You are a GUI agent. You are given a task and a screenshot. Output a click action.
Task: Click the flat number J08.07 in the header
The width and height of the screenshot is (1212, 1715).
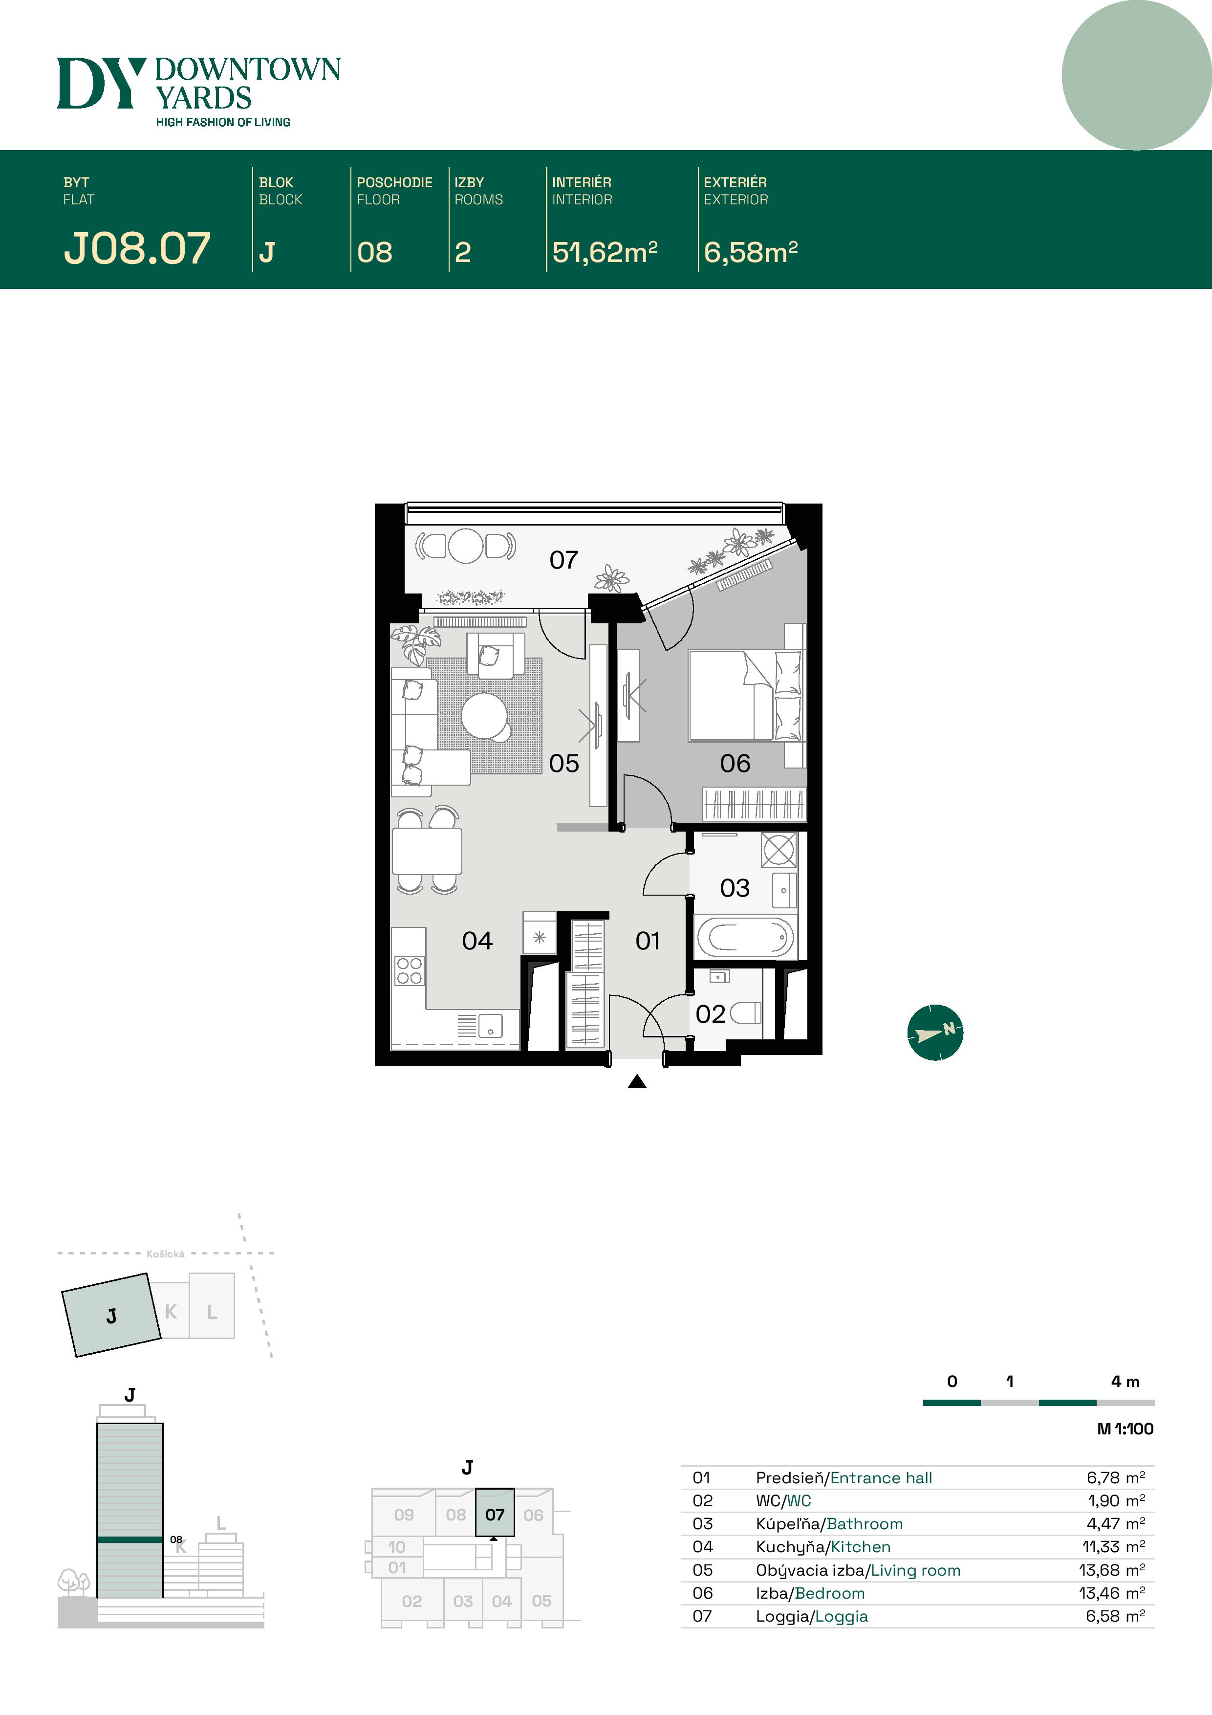click(137, 249)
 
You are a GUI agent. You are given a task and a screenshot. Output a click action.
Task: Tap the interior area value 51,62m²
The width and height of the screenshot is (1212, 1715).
click(604, 252)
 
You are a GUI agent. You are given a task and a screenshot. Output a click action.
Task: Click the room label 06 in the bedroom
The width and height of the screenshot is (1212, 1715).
click(735, 763)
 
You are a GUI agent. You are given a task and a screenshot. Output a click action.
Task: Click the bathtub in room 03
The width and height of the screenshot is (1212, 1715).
click(744, 937)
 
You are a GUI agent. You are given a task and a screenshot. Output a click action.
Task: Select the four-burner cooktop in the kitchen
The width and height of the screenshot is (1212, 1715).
click(409, 970)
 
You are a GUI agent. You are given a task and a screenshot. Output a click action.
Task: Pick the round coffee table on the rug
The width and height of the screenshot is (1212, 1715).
click(484, 715)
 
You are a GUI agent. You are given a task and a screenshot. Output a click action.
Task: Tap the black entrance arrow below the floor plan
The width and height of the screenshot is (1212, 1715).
click(637, 1081)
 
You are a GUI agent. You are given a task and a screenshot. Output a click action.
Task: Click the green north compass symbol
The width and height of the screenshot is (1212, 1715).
click(935, 1033)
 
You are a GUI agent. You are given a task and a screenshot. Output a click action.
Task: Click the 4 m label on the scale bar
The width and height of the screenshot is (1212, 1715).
click(1125, 1382)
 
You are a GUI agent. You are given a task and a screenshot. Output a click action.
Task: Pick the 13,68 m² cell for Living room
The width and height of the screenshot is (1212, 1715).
click(1111, 1570)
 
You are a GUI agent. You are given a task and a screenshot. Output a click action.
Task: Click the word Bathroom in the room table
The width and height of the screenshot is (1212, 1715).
click(865, 1524)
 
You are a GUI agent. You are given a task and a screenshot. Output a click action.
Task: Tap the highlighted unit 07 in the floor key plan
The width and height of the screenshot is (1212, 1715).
click(495, 1515)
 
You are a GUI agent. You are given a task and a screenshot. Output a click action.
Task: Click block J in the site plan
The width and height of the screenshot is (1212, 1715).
click(111, 1316)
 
